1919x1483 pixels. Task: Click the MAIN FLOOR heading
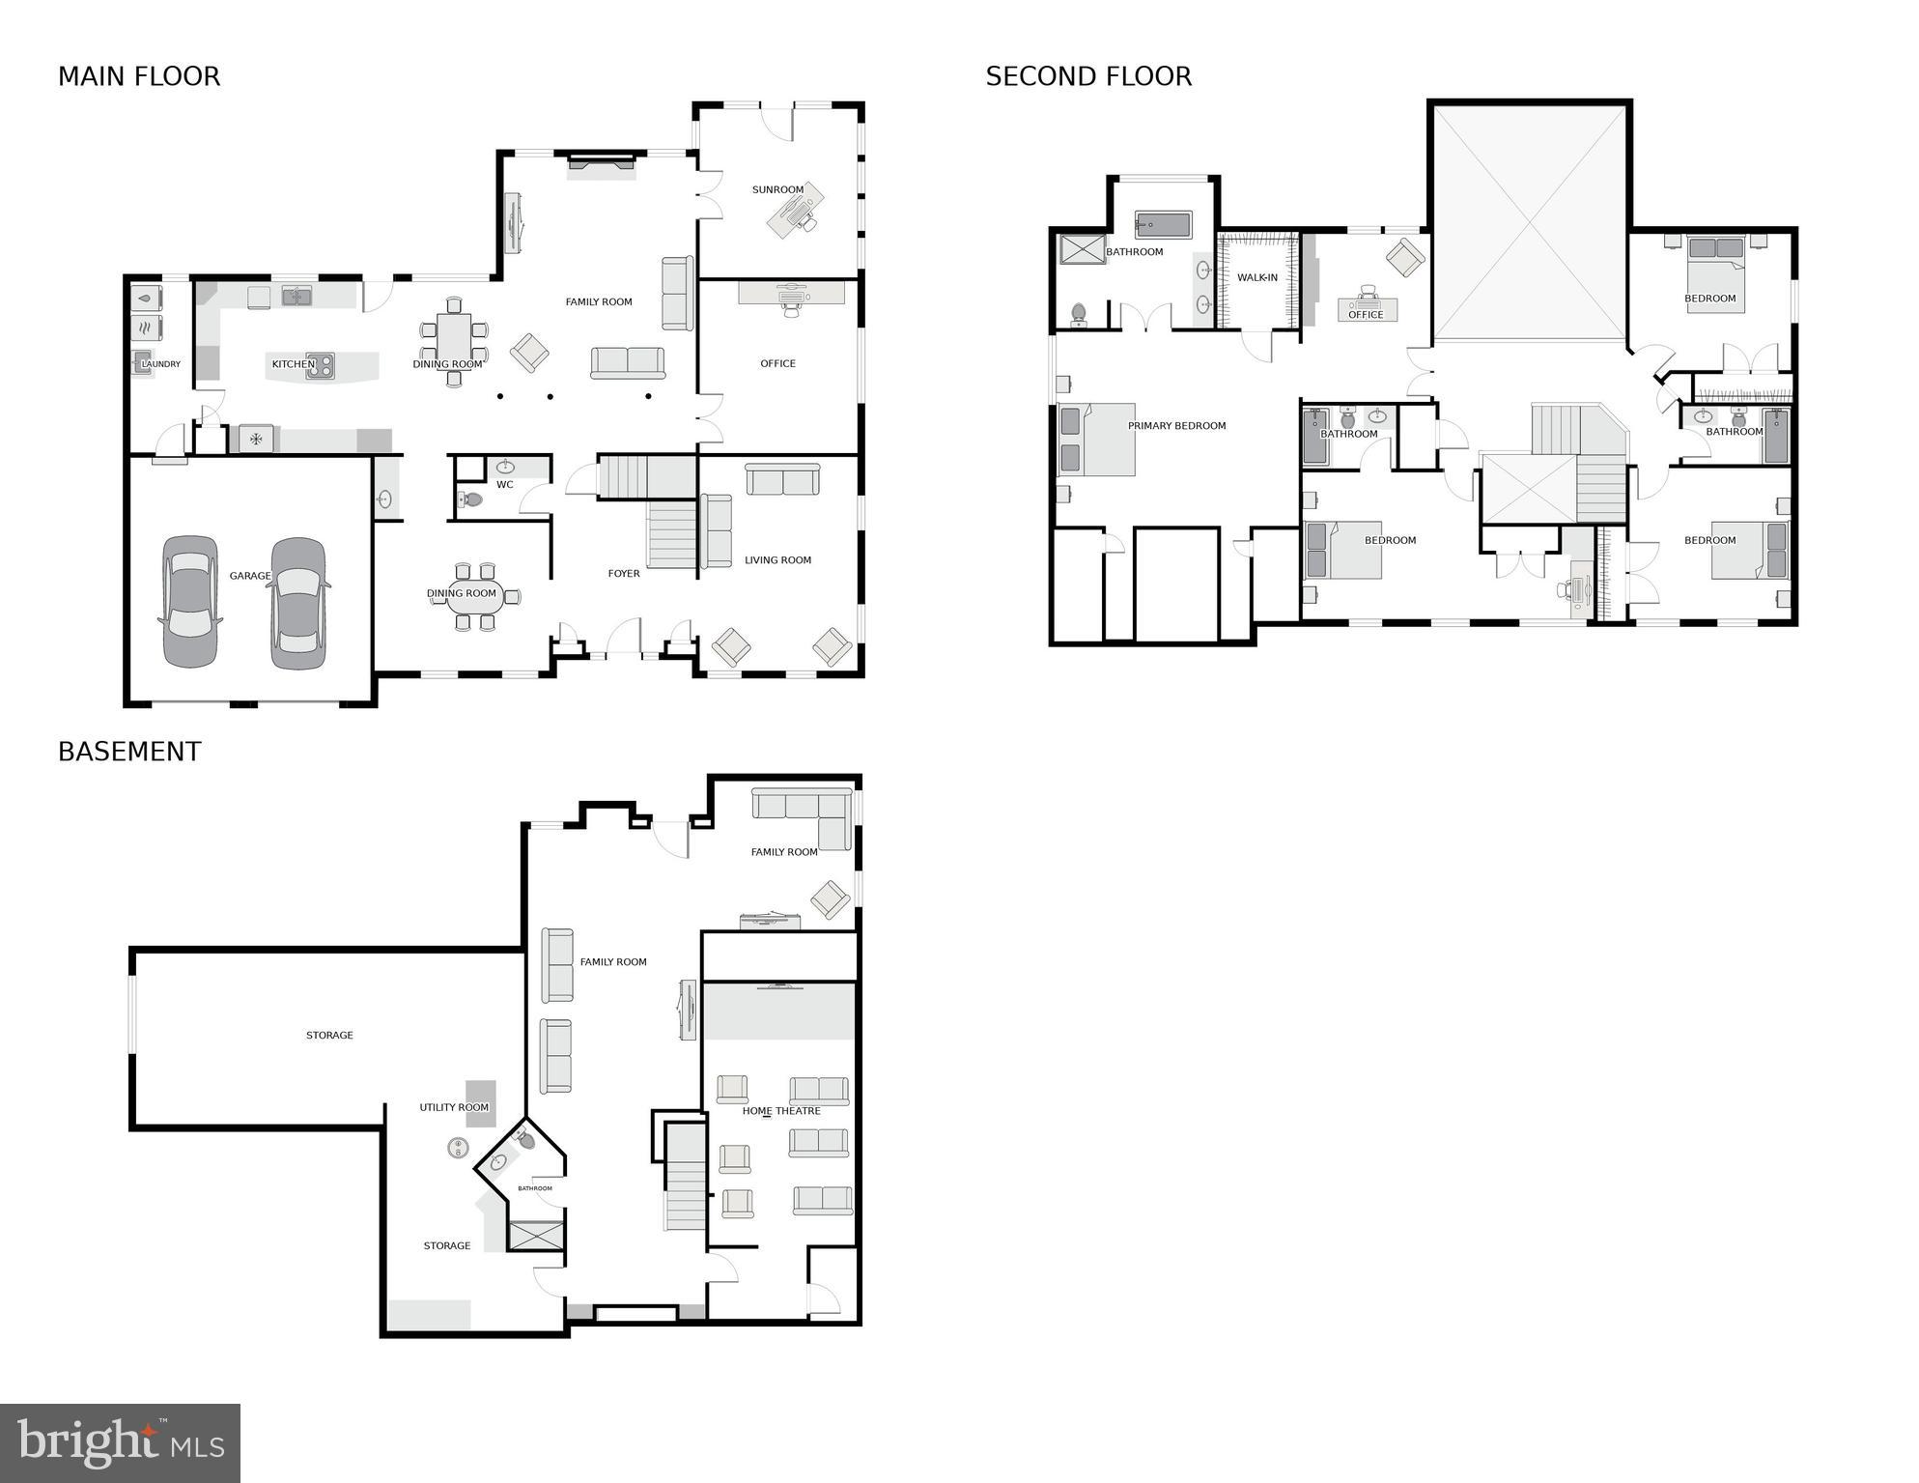[139, 76]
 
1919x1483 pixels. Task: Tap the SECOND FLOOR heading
[1088, 76]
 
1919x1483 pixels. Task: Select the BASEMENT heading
[129, 752]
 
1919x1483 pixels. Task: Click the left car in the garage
[190, 601]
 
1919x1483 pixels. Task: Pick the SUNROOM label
[777, 190]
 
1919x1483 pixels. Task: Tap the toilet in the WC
[470, 499]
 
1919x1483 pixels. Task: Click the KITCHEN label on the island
[293, 364]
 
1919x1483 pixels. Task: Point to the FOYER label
[624, 574]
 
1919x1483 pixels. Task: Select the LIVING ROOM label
[777, 560]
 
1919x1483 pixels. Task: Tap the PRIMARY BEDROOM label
[1176, 426]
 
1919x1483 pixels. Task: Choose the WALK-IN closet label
[1256, 278]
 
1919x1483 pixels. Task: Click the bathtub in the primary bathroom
[1163, 226]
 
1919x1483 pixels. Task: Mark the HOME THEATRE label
[781, 1111]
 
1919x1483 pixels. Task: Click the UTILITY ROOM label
[454, 1108]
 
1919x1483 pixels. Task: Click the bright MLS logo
[120, 1443]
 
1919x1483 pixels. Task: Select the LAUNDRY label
[160, 364]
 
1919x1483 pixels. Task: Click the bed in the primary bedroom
[1098, 441]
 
